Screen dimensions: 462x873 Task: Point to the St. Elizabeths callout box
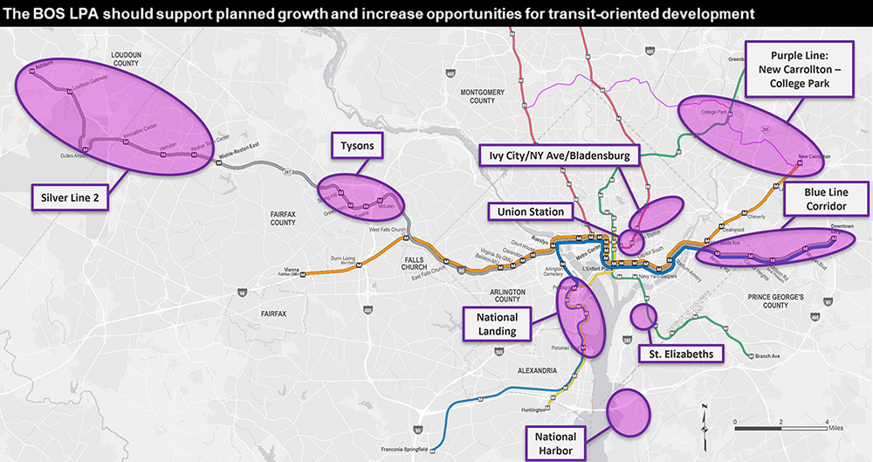click(x=681, y=354)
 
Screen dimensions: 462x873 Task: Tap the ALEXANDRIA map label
click(x=535, y=370)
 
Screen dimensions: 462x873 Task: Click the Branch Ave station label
click(x=768, y=356)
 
